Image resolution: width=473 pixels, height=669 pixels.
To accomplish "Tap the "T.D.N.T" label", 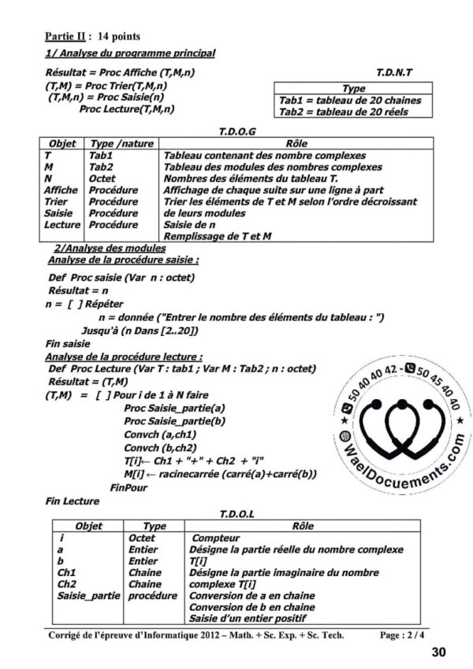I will point(394,72).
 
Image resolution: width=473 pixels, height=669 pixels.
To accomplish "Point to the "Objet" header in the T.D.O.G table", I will point(62,145).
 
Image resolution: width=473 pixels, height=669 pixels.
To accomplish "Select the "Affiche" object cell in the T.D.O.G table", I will point(61,190).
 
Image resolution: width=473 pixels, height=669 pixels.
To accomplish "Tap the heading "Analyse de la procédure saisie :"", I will point(123,260).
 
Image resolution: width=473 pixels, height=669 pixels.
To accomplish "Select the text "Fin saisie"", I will point(67,343).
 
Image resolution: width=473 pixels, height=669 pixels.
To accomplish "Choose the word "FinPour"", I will point(129,487).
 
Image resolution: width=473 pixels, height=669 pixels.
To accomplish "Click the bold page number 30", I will point(439,652).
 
